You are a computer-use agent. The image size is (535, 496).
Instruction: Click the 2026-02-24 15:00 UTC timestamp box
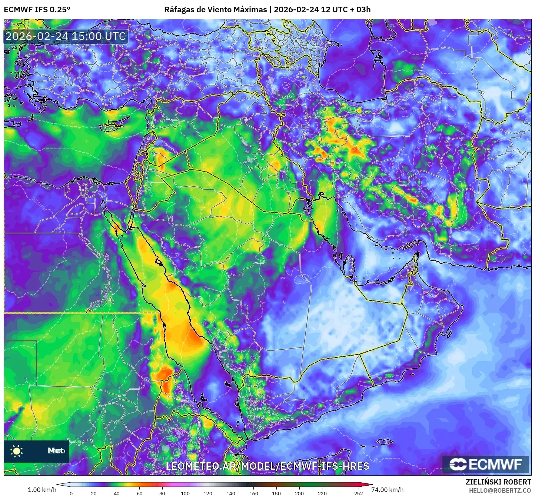[66, 36]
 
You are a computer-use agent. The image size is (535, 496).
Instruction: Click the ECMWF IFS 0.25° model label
[37, 10]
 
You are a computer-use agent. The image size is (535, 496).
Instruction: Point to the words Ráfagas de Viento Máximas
[215, 10]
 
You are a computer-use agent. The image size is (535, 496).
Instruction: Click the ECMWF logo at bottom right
[486, 464]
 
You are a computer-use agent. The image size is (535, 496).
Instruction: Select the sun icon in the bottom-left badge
[17, 451]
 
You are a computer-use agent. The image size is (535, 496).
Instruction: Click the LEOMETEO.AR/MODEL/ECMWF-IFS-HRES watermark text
[267, 466]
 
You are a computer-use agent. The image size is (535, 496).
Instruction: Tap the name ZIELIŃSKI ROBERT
[498, 482]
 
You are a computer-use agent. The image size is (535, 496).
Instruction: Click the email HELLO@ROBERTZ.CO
[500, 490]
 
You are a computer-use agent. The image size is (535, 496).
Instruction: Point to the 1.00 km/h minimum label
[42, 490]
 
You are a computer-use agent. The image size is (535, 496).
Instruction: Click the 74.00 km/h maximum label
[387, 490]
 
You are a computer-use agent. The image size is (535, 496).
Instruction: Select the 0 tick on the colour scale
[71, 493]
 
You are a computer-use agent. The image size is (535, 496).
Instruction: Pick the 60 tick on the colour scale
[139, 493]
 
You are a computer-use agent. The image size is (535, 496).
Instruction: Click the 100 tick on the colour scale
[185, 493]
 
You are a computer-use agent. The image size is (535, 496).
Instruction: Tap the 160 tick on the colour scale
[253, 493]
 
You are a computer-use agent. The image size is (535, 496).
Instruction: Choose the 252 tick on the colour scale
[358, 493]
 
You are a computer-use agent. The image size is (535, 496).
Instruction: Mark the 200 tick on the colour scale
[299, 493]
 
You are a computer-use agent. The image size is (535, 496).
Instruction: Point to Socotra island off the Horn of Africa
[385, 442]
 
